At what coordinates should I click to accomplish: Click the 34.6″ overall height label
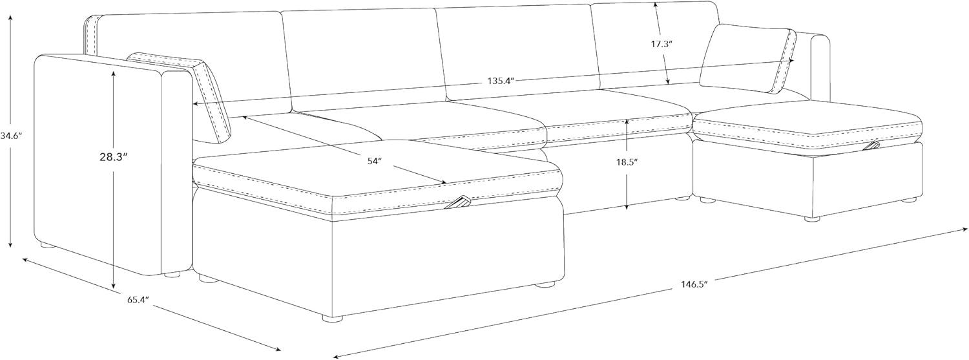point(11,136)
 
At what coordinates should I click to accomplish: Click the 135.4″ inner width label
point(499,81)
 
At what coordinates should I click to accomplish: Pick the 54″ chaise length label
point(375,162)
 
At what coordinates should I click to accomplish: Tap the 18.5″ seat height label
point(627,163)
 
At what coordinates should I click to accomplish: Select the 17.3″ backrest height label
point(662,45)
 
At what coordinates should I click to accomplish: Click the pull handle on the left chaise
point(460,203)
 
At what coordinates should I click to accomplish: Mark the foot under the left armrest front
point(171,275)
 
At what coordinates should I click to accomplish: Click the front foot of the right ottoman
point(811,218)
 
